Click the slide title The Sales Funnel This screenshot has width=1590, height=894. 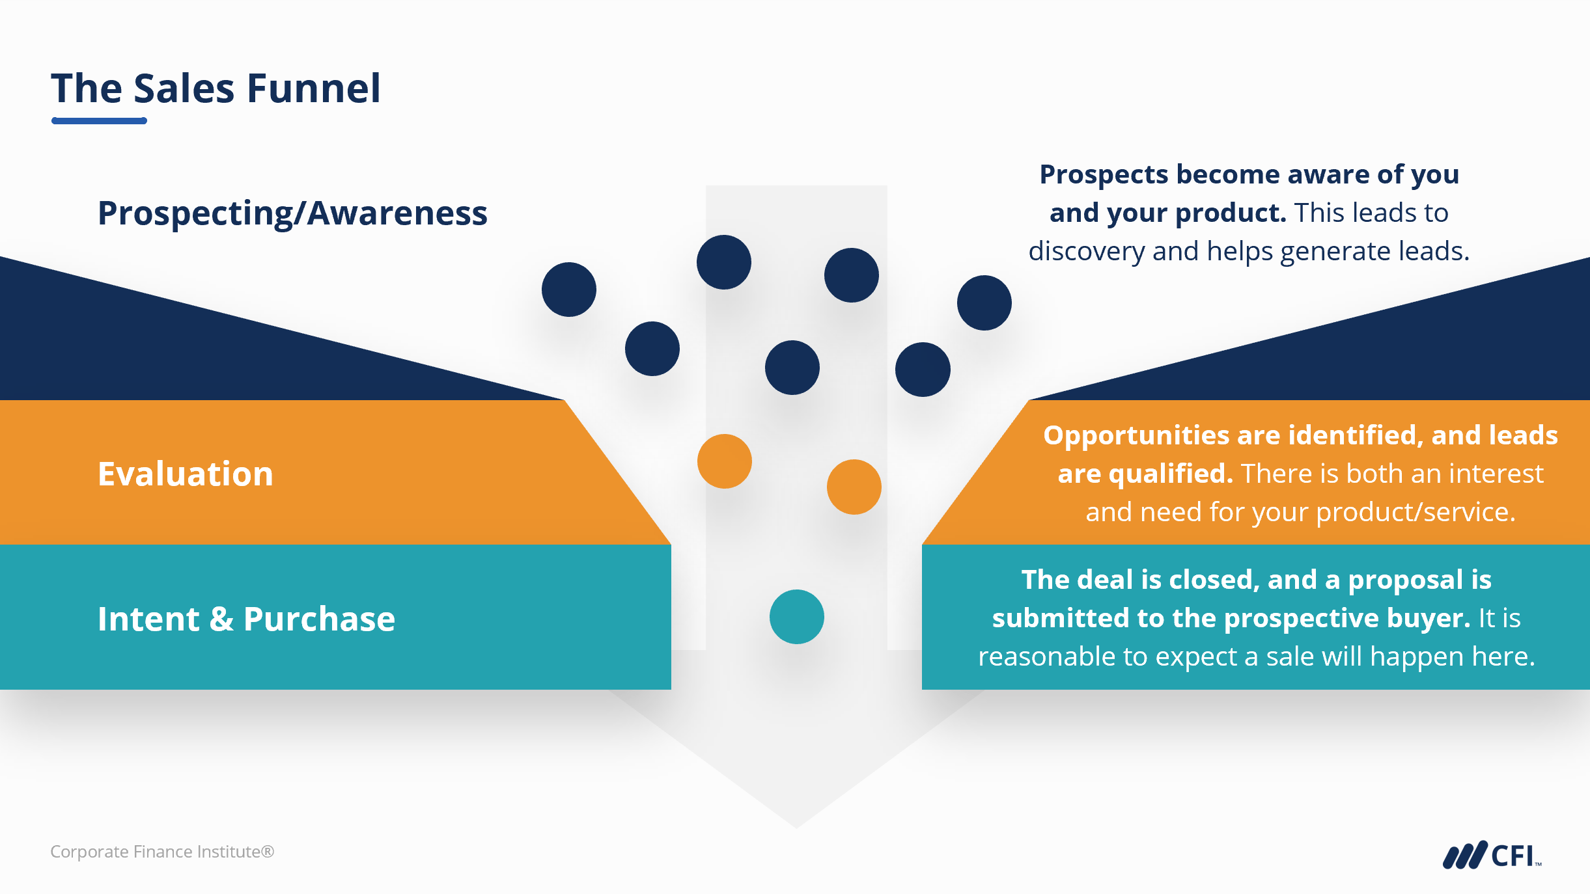[216, 88]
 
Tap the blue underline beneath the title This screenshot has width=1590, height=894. [99, 120]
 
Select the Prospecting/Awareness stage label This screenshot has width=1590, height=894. [292, 213]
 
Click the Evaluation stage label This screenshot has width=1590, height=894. [186, 474]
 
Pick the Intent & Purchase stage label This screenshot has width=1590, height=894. [246, 619]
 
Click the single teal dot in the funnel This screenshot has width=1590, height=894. [796, 617]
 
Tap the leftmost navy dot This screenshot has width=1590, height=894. [569, 290]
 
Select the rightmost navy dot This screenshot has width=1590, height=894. [984, 303]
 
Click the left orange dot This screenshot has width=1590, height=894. [724, 461]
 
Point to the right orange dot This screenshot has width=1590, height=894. [854, 487]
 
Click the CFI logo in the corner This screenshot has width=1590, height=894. [1492, 855]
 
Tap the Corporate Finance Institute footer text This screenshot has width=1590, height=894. [162, 852]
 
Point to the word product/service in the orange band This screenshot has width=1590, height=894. [1416, 512]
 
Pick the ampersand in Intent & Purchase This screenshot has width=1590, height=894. [221, 619]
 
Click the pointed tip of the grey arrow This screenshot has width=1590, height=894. [796, 826]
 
